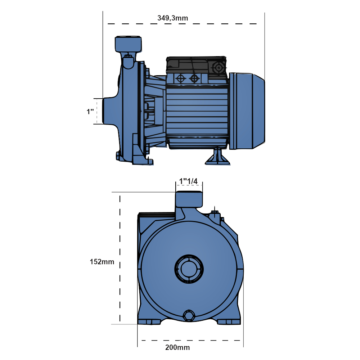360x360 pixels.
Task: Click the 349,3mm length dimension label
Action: tap(173, 17)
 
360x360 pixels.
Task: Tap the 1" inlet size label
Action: tap(90, 112)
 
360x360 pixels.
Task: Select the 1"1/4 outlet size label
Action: tap(189, 181)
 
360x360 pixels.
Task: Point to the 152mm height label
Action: tap(102, 262)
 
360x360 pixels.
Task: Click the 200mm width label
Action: tap(177, 347)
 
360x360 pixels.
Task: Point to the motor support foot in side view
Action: tap(217, 158)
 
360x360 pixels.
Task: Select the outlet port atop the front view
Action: tap(189, 199)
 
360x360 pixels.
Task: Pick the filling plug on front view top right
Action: tap(215, 215)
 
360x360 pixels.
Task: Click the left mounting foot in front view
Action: tap(149, 321)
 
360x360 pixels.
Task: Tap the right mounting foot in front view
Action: tap(230, 321)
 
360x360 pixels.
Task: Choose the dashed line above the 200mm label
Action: tap(191, 340)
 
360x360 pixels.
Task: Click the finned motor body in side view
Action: tap(197, 112)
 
